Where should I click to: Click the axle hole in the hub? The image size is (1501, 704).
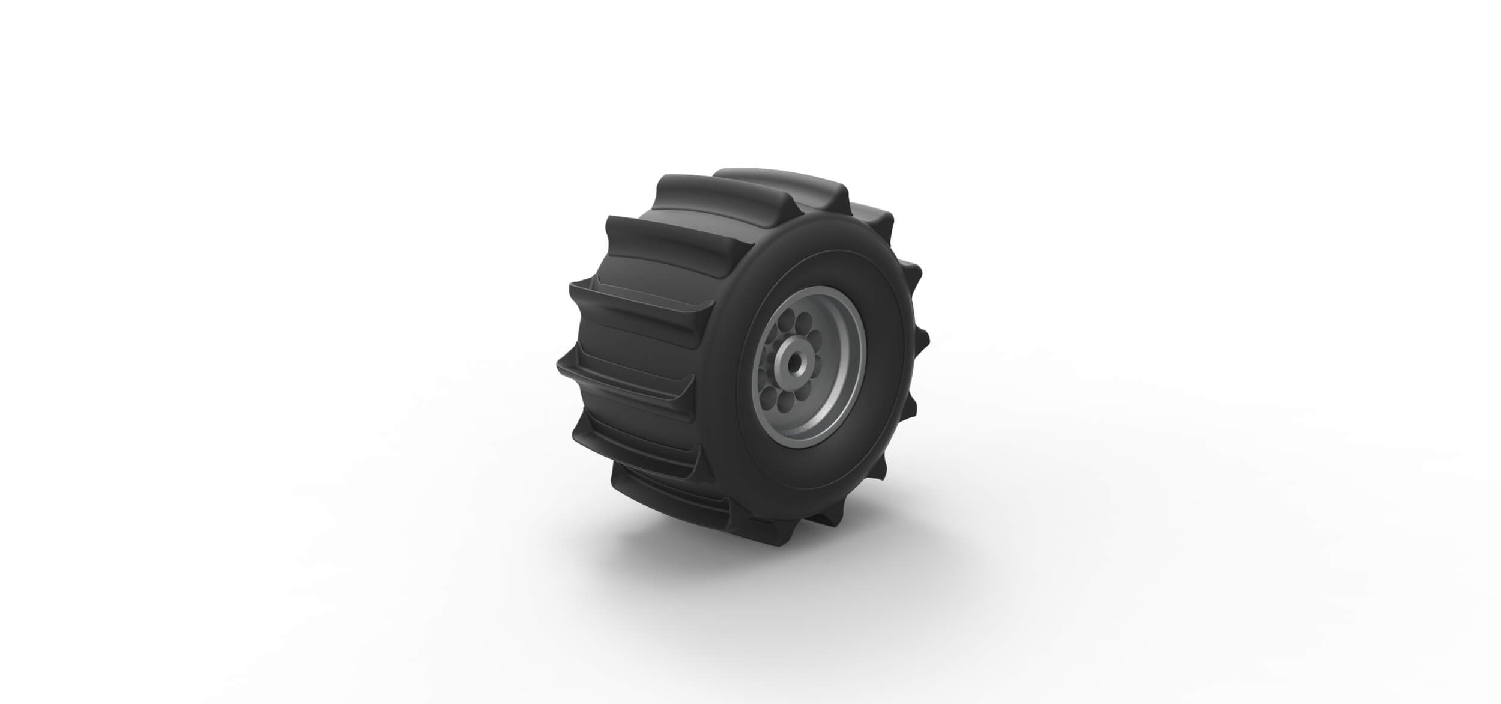point(795,363)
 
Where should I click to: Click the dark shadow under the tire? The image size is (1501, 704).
point(690,541)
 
